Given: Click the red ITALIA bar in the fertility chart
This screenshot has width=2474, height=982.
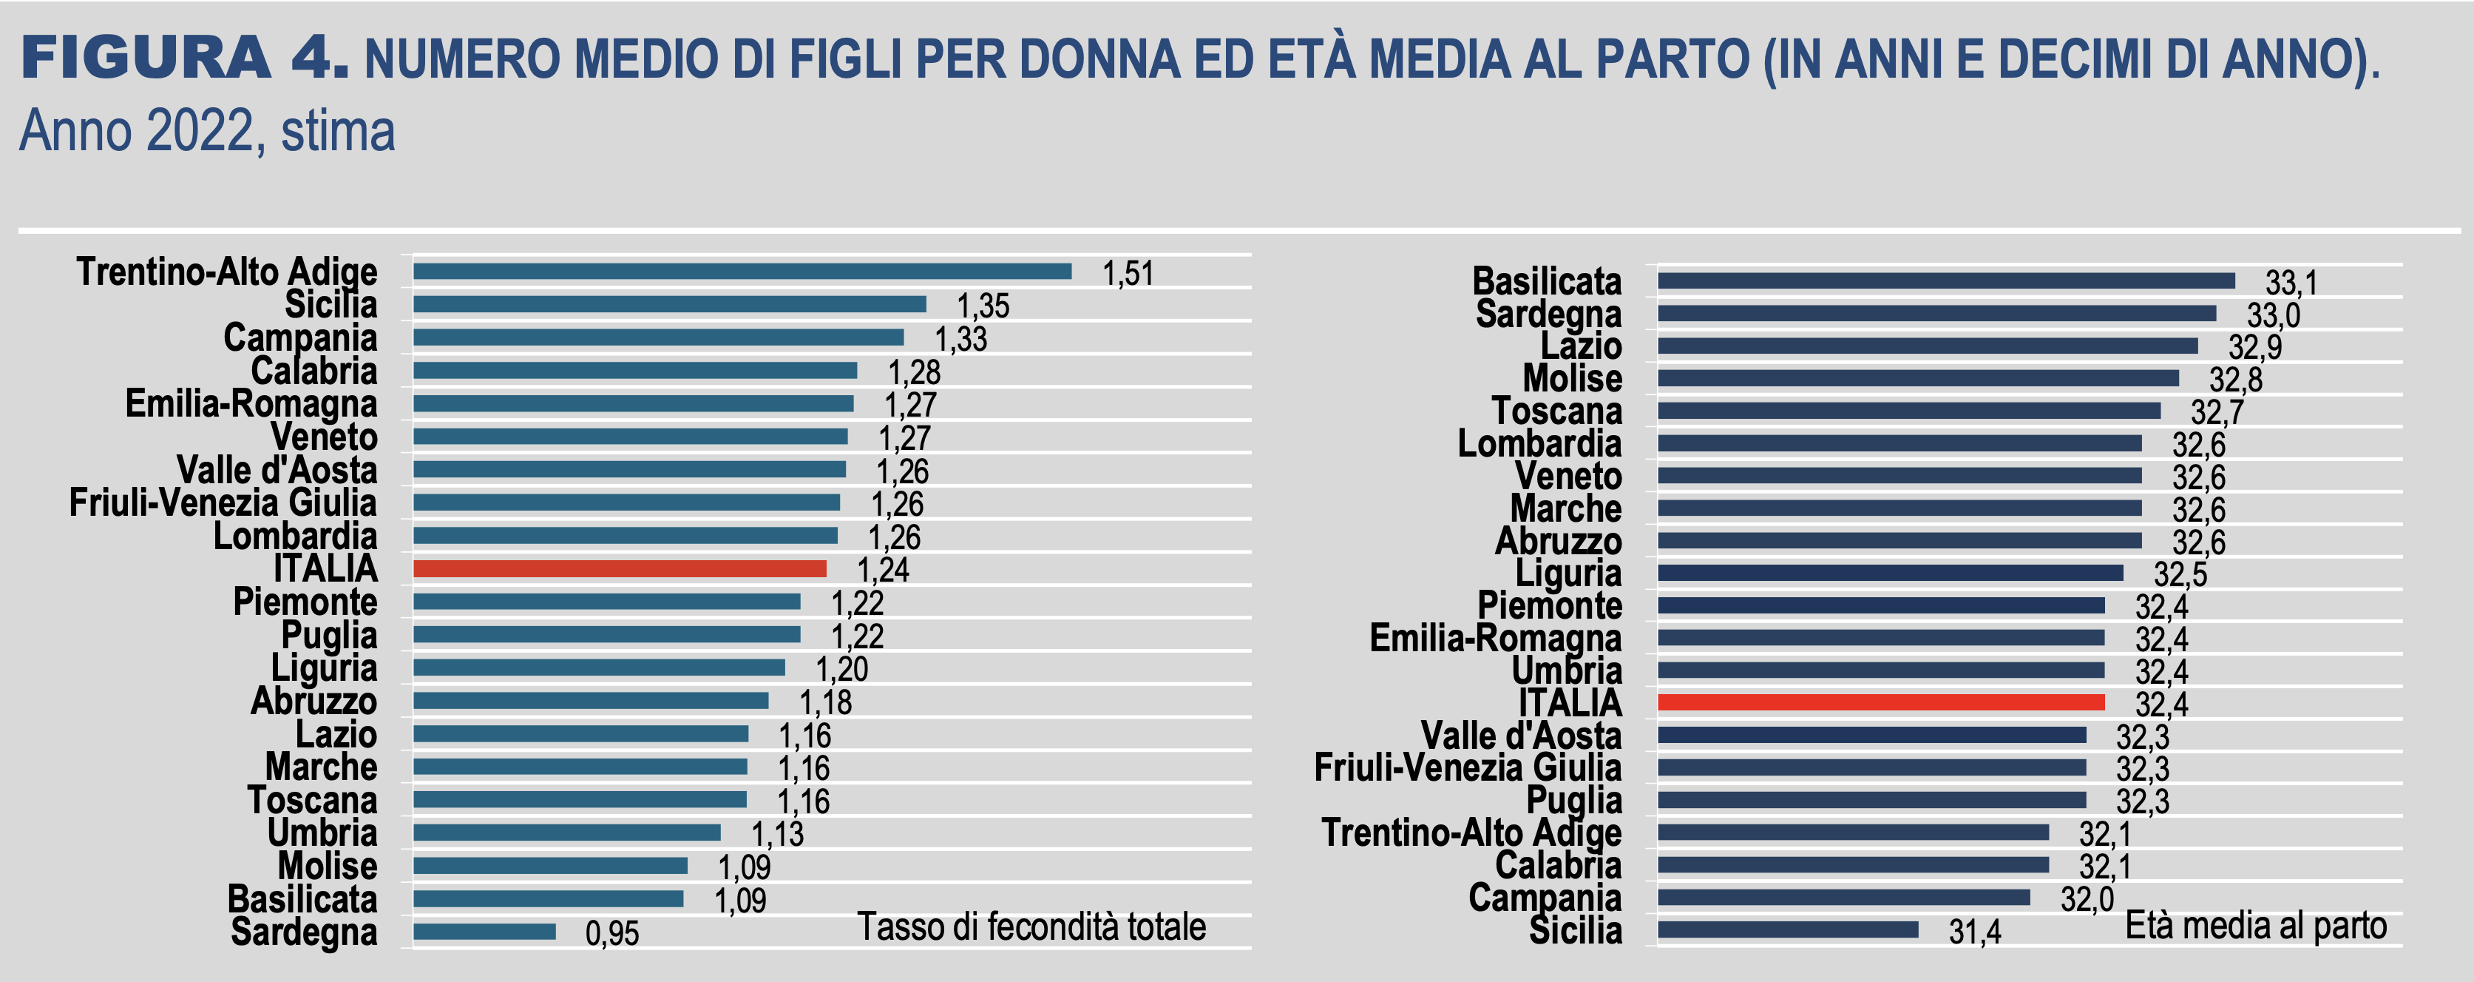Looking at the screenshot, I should (620, 569).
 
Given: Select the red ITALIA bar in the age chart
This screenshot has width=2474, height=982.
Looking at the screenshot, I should (1880, 702).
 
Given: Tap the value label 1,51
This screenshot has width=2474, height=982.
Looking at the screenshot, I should (1128, 274).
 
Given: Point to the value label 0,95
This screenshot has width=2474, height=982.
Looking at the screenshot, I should (611, 933).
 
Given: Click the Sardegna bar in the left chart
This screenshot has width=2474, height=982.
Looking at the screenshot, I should (484, 931).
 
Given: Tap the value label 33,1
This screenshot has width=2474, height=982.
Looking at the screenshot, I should (2291, 283).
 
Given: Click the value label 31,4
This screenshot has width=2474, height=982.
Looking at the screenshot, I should (1975, 932).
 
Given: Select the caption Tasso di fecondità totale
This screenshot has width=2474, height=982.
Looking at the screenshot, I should (1031, 927).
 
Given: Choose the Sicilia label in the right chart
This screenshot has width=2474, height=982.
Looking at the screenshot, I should (1575, 930).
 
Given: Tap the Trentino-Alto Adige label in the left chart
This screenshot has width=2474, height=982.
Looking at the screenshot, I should (227, 272).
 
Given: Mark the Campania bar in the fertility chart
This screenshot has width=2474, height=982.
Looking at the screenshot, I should (658, 337).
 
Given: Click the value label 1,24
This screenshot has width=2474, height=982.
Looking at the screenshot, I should (881, 571).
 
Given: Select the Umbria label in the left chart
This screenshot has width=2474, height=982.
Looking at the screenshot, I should (322, 833).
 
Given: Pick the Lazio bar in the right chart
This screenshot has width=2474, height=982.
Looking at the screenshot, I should (1927, 346).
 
